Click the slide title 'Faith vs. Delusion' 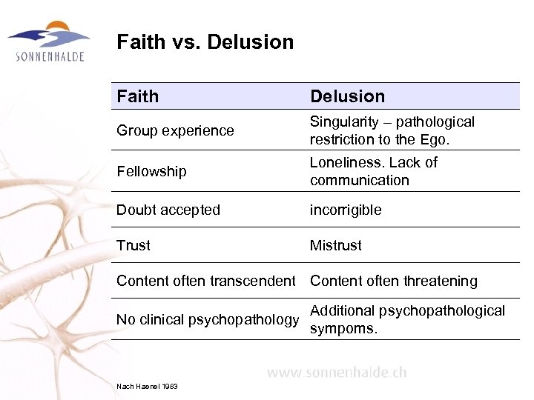pyautogui.click(x=205, y=42)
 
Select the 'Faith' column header pyautogui.click(x=138, y=96)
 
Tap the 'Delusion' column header pyautogui.click(x=347, y=96)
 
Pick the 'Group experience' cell pyautogui.click(x=175, y=130)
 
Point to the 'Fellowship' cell pyautogui.click(x=151, y=171)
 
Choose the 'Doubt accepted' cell pyautogui.click(x=168, y=210)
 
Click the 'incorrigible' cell pyautogui.click(x=346, y=210)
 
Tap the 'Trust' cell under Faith pyautogui.click(x=133, y=245)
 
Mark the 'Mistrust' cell pyautogui.click(x=336, y=245)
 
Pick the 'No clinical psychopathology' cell pyautogui.click(x=208, y=319)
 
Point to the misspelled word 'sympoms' pyautogui.click(x=343, y=328)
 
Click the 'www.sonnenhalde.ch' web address pyautogui.click(x=337, y=372)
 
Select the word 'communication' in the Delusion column pyautogui.click(x=360, y=180)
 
